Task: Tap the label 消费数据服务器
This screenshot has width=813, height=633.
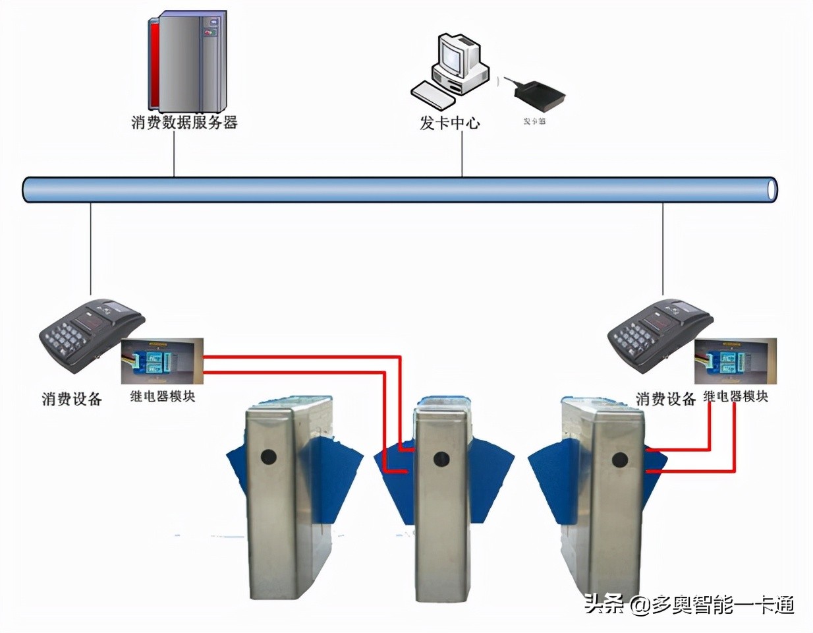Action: pyautogui.click(x=184, y=123)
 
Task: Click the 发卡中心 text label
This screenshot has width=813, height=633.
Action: pyautogui.click(x=450, y=123)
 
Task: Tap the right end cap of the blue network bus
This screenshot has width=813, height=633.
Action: pyautogui.click(x=771, y=189)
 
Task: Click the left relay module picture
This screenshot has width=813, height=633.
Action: pyautogui.click(x=162, y=361)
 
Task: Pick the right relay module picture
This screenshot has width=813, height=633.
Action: pyautogui.click(x=735, y=361)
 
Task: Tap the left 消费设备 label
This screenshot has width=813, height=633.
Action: pyautogui.click(x=72, y=399)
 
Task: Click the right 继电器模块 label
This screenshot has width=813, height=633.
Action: pyautogui.click(x=735, y=397)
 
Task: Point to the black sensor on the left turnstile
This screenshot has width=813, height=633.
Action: pyautogui.click(x=267, y=456)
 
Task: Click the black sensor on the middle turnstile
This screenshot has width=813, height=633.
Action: pyautogui.click(x=440, y=458)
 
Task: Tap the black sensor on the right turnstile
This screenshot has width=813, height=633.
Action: pyautogui.click(x=619, y=460)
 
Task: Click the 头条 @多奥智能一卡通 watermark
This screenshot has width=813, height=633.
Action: pyautogui.click(x=689, y=604)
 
